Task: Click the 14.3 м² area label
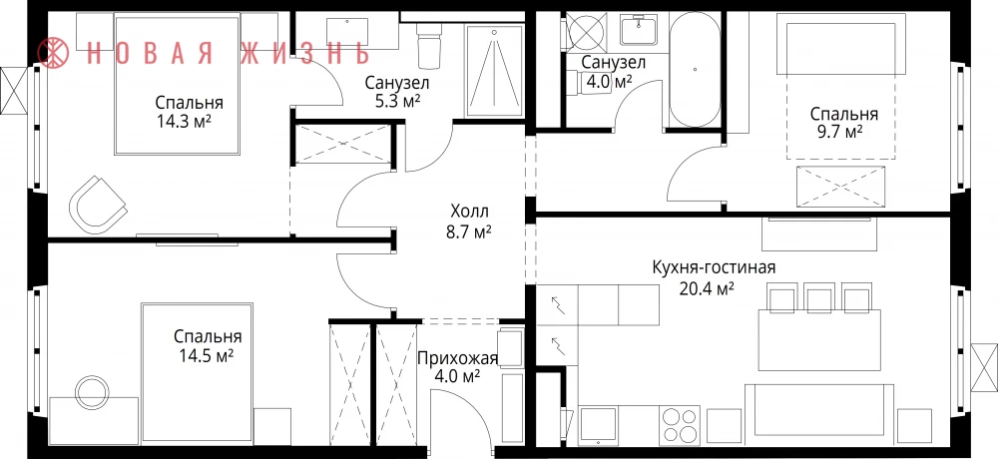click(184, 122)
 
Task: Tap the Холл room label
click(470, 211)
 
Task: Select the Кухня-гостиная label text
click(714, 266)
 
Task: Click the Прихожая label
click(457, 359)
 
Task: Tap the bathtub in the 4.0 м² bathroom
click(696, 69)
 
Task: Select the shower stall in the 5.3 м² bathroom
click(494, 70)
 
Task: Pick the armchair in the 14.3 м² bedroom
click(98, 205)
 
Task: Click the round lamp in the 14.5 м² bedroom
click(91, 390)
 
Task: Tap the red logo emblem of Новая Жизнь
click(54, 52)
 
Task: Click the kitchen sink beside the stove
click(598, 425)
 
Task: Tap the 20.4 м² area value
click(708, 289)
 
